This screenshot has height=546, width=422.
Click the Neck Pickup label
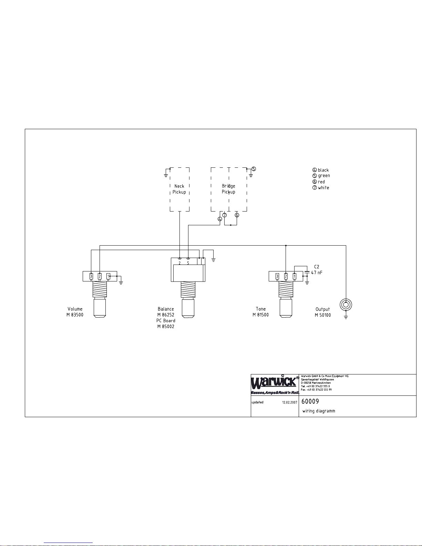(179, 189)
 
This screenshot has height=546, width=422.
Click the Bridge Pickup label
(228, 189)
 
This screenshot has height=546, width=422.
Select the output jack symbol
(346, 305)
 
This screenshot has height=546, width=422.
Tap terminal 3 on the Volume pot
(91, 276)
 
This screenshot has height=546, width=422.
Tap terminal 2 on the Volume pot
(100, 276)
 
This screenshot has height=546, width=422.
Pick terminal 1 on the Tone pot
(295, 276)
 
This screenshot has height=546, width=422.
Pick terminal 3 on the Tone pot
(277, 276)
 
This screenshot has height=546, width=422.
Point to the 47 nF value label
(317, 272)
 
